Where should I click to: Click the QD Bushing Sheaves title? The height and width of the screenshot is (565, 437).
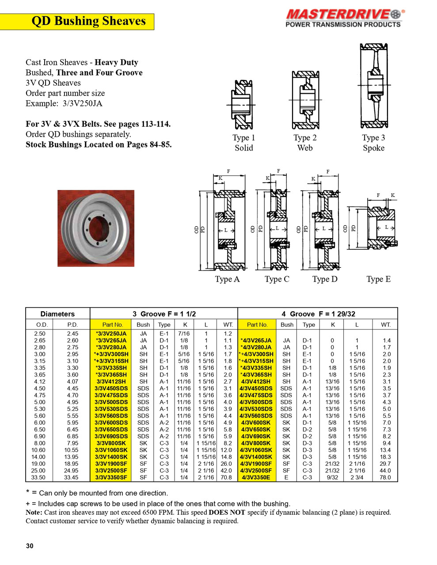pos(88,21)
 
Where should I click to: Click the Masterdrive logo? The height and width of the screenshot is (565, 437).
pos(343,18)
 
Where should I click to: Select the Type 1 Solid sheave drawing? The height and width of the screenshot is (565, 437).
pos(242,105)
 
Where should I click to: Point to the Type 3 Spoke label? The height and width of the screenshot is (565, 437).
pos(373,143)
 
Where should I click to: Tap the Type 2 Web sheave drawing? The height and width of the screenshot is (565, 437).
pos(305,101)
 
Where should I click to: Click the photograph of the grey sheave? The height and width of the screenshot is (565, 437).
pos(96,228)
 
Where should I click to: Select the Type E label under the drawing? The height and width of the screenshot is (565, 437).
pos(378,279)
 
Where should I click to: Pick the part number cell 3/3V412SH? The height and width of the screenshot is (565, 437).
pos(111,381)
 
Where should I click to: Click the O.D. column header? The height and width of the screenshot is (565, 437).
pos(42,324)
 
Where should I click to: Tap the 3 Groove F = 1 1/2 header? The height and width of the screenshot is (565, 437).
pos(164,314)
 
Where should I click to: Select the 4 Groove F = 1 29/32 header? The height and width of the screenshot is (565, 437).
pos(318,314)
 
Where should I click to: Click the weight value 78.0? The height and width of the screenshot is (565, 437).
pos(385,477)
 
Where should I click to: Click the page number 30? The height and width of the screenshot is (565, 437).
pos(30,546)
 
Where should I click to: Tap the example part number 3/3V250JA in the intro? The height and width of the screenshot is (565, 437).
pos(82,103)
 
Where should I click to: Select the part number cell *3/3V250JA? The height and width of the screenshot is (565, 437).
pos(111,334)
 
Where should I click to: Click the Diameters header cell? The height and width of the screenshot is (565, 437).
pos(57,314)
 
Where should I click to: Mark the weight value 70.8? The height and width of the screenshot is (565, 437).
pos(226,477)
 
